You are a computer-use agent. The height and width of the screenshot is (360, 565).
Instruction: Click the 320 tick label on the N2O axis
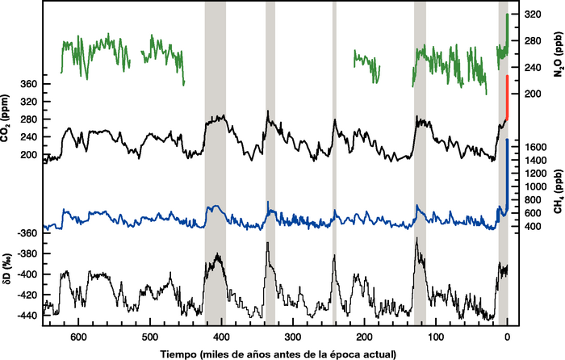coord(533,15)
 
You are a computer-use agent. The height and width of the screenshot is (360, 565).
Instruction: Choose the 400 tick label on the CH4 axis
coord(532,227)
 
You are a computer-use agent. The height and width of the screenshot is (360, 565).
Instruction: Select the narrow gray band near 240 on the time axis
coord(334,161)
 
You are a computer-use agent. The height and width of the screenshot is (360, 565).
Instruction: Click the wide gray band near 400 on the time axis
coord(215,161)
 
